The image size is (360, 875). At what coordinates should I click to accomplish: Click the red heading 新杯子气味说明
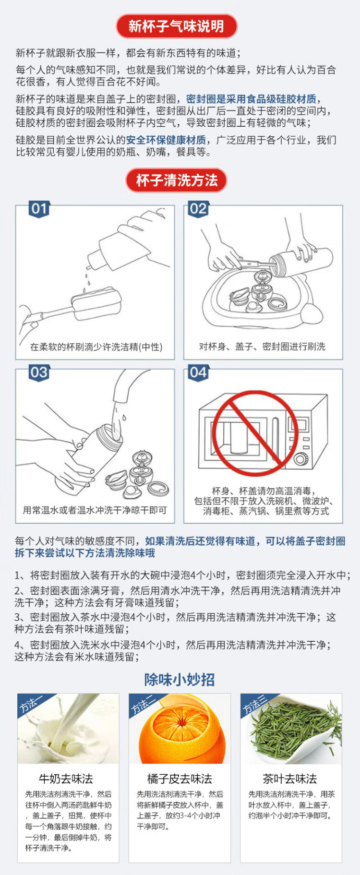[176, 26]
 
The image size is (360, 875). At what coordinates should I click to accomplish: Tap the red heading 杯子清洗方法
[176, 180]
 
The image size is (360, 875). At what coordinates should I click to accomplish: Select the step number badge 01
[39, 209]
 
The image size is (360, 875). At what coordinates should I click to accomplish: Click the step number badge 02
[198, 209]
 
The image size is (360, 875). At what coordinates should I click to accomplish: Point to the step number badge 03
[39, 373]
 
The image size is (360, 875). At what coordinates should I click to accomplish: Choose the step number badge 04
[198, 373]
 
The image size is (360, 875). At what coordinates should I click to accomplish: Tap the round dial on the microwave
[301, 459]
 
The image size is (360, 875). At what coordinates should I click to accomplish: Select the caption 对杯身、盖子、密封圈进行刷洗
[262, 347]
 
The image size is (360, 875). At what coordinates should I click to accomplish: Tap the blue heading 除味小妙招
[180, 680]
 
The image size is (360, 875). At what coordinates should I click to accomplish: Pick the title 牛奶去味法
[66, 778]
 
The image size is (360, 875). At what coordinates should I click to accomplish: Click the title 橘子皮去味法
[180, 778]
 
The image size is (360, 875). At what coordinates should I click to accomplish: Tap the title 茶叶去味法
[290, 778]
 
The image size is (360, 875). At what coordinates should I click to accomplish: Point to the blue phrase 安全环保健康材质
[166, 140]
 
